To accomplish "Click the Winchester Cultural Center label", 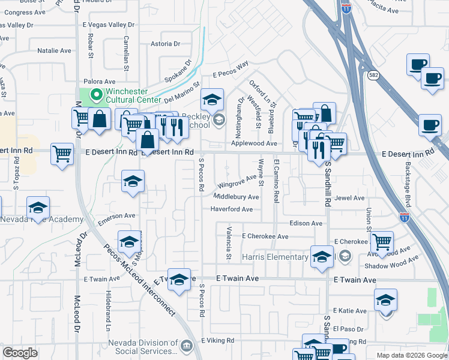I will click(133, 95).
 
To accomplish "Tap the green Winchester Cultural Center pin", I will click(95, 95).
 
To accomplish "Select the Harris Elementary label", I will click(275, 257).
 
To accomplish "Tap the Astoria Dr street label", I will click(165, 44).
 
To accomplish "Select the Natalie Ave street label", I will click(54, 52).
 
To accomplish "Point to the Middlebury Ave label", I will click(236, 197).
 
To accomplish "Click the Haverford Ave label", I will click(231, 209).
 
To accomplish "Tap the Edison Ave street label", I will click(306, 223).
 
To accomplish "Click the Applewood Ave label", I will click(254, 144).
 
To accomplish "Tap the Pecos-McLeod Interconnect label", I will click(139, 280).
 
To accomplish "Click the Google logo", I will click(19, 353).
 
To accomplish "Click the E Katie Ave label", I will click(351, 311).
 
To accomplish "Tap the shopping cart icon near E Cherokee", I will click(382, 242).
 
